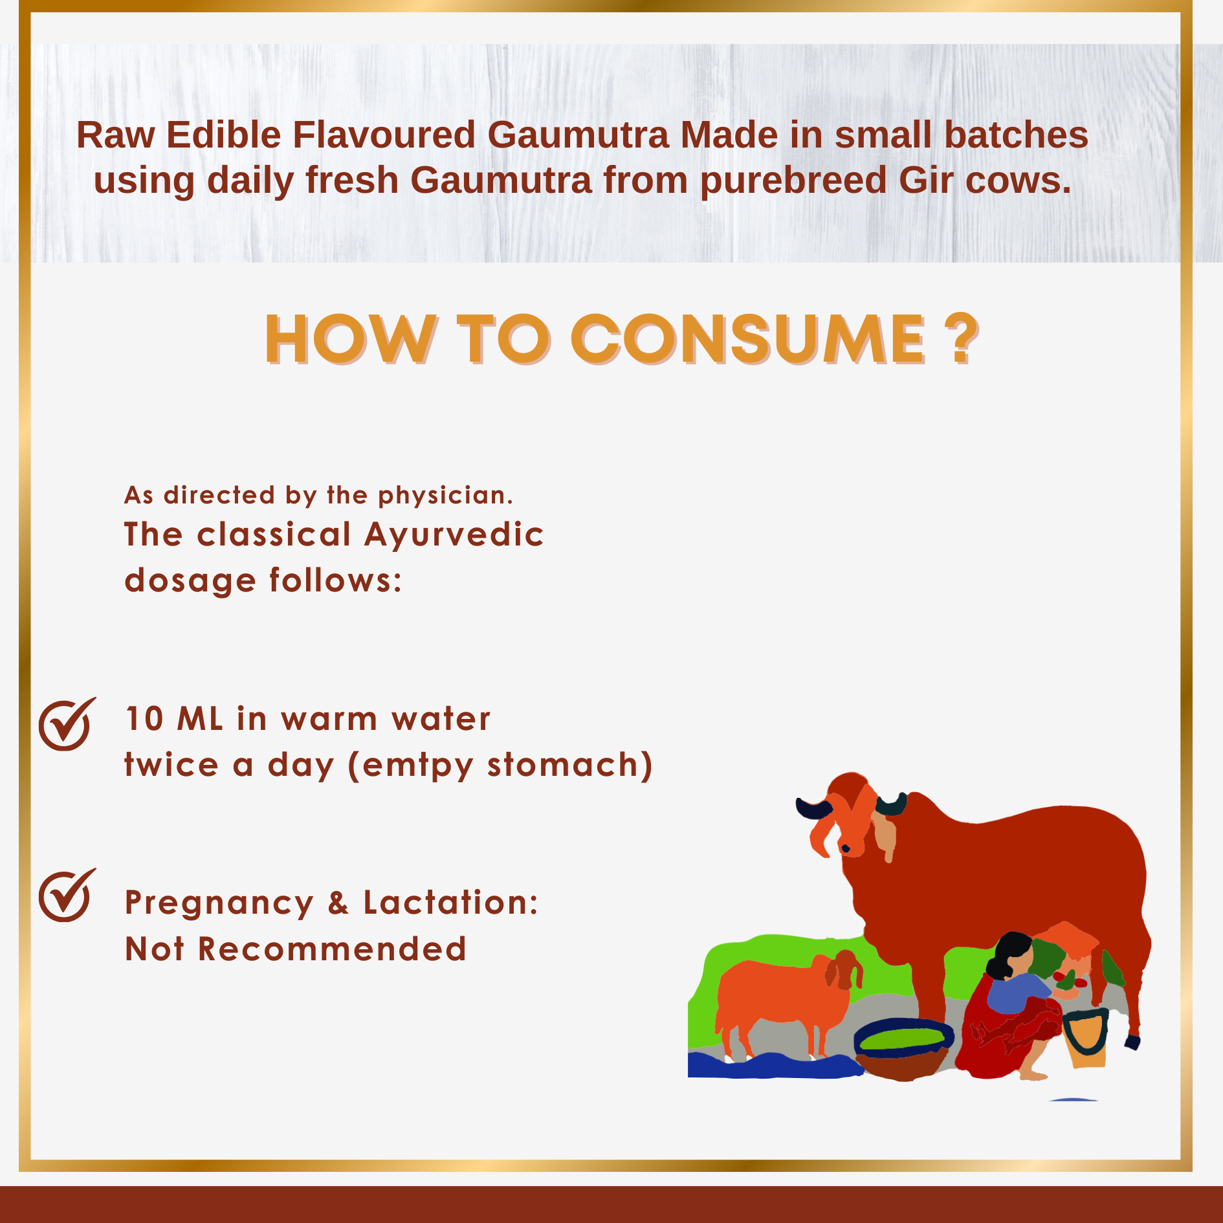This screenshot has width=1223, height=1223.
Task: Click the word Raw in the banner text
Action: tap(116, 135)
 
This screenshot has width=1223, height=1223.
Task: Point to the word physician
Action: tap(445, 496)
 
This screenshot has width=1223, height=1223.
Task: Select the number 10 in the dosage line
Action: tap(144, 719)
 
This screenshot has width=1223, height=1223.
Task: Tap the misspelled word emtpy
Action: tap(418, 766)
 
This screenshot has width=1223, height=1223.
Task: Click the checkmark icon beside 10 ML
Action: tap(67, 724)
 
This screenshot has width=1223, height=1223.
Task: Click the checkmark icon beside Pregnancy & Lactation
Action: tap(67, 895)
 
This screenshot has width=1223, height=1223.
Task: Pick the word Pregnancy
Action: tap(219, 904)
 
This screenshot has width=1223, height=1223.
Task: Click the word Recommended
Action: tap(332, 949)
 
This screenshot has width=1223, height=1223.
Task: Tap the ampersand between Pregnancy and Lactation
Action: tap(338, 903)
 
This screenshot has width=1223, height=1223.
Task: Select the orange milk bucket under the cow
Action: tap(1085, 1038)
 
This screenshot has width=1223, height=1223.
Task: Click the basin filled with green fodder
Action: tap(903, 1048)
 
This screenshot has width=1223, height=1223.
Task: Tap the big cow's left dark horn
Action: tap(813, 809)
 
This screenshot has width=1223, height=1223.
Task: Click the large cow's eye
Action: tap(845, 848)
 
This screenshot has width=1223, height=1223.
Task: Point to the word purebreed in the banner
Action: tap(793, 181)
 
